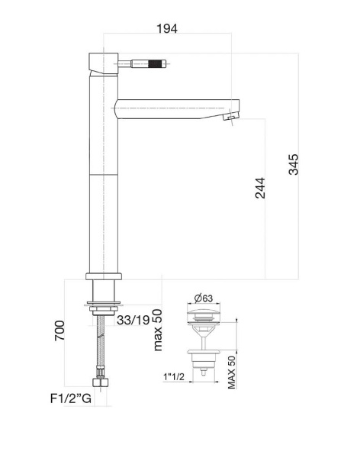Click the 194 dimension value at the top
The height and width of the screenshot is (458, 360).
pyautogui.click(x=167, y=28)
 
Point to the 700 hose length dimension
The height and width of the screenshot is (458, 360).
pyautogui.click(x=60, y=331)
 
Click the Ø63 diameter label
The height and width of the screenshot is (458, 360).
pyautogui.click(x=202, y=298)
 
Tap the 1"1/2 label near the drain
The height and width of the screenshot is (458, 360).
pyautogui.click(x=175, y=376)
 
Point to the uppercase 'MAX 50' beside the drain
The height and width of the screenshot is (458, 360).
pyautogui.click(x=231, y=372)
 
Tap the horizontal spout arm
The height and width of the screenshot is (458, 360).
pyautogui.click(x=172, y=105)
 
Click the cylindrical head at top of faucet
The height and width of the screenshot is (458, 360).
pyautogui.click(x=103, y=63)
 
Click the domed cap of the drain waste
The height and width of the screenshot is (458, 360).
pyautogui.click(x=205, y=314)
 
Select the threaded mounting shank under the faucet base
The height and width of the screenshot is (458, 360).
pyautogui.click(x=103, y=290)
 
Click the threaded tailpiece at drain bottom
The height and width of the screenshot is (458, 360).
pyautogui.click(x=204, y=373)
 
